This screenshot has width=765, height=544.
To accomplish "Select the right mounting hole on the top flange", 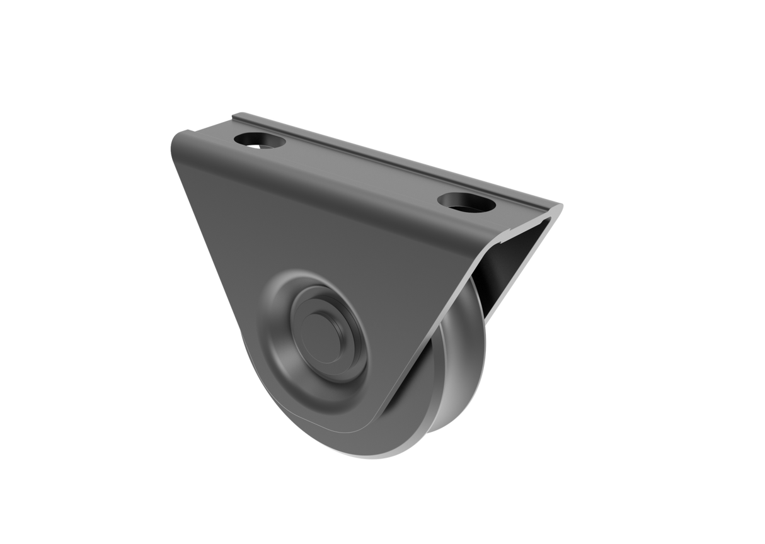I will tap(466, 203).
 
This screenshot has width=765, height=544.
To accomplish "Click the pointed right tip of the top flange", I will tap(561, 205).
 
